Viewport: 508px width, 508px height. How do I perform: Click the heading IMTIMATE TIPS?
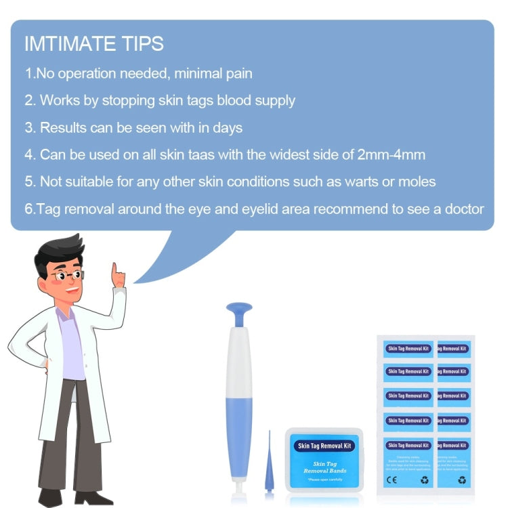click(93, 44)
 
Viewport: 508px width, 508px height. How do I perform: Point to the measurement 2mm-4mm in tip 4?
click(391, 154)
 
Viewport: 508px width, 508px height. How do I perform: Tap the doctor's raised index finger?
click(115, 270)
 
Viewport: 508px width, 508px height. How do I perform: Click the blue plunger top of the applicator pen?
click(238, 313)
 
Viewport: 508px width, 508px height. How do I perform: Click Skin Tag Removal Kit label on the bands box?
click(324, 446)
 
